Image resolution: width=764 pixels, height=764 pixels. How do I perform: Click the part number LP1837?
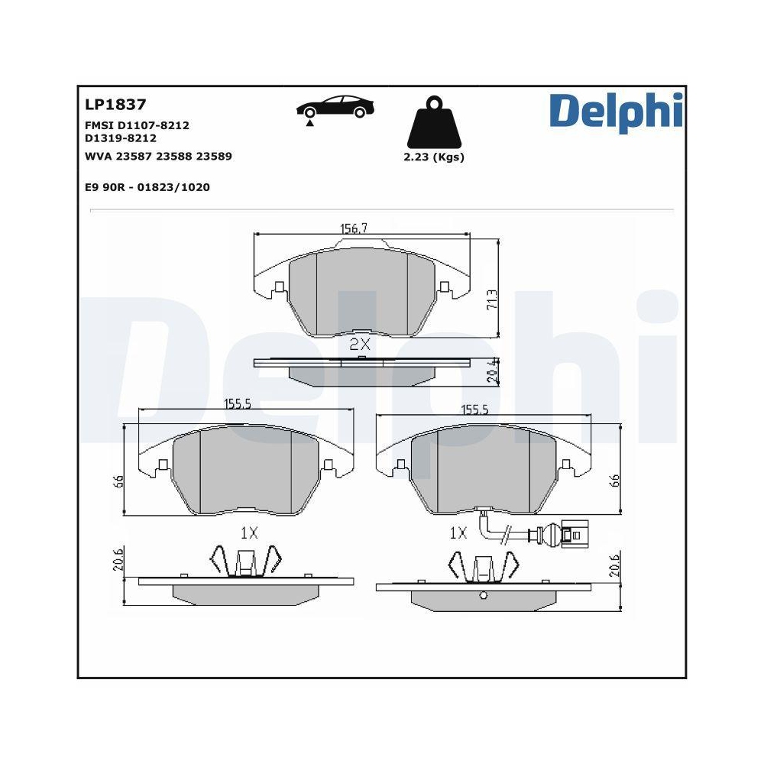click(112, 105)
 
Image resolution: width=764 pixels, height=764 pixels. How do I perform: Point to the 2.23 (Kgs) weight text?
click(433, 157)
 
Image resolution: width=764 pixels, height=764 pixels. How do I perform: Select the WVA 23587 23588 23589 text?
click(158, 156)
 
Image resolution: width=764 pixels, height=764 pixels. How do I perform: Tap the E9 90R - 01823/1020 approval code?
click(147, 186)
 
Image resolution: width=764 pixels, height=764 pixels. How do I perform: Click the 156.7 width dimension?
click(354, 228)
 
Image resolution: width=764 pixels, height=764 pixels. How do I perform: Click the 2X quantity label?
click(359, 345)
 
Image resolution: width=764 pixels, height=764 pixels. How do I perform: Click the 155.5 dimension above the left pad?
click(238, 405)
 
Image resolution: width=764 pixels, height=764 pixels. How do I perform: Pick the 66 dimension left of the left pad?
click(118, 482)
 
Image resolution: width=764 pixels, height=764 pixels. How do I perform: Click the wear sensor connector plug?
click(572, 533)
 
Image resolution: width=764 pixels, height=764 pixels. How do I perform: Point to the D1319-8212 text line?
click(121, 138)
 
